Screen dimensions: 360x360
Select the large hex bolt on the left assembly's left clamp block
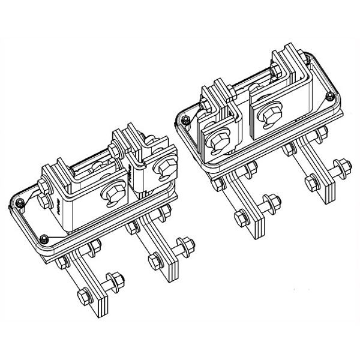click(112, 194)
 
